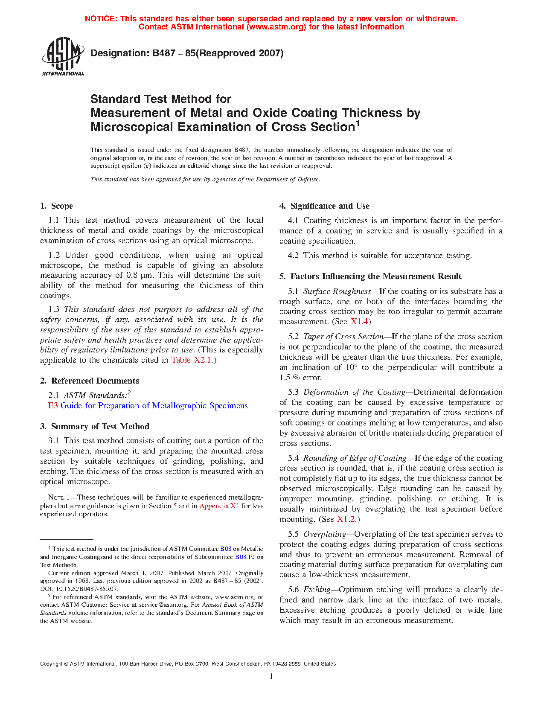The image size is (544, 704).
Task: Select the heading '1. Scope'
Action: [57, 206]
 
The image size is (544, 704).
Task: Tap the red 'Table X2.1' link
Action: [191, 360]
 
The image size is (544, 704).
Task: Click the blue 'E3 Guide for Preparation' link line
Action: [148, 406]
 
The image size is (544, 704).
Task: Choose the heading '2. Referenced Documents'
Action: [90, 381]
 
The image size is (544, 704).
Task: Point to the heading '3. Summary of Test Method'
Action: [95, 427]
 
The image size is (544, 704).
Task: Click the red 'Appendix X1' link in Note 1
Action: [219, 506]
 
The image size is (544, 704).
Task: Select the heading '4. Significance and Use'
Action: [325, 206]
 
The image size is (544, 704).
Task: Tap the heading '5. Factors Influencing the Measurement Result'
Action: [371, 276]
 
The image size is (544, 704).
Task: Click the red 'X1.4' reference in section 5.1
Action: [359, 322]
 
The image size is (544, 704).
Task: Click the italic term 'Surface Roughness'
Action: [337, 291]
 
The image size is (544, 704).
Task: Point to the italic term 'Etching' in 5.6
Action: [317, 590]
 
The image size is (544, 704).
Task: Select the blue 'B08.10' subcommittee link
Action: [245, 557]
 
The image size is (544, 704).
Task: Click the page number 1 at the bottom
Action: [271, 676]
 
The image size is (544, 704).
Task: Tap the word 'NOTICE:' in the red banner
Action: [101, 19]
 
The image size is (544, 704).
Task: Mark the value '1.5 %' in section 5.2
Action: [290, 378]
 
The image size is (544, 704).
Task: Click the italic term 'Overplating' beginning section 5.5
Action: [324, 534]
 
